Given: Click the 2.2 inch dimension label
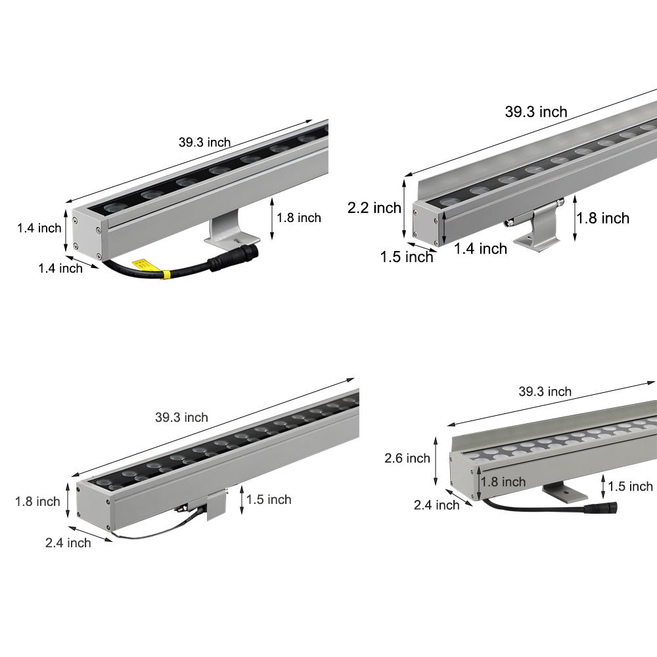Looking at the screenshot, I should coord(374,208).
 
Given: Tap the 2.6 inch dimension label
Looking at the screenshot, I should coord(407,458).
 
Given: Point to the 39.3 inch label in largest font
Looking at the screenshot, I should coord(535,112).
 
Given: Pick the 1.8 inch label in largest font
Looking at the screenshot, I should coord(603,218).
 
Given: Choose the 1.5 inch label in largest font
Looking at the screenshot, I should coord(407,257).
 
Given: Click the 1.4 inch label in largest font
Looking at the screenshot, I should coord(480,248).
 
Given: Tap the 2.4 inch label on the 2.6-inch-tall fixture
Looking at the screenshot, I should coord(436,505).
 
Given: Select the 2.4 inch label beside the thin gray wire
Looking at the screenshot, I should coord(68,542).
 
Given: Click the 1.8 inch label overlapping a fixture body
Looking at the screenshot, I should coord(503,482).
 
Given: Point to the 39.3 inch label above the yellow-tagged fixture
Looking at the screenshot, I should coord(204,143).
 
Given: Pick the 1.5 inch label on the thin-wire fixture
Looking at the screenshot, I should coord(269,499).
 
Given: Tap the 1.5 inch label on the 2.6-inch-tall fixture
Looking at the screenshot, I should coord(630,486).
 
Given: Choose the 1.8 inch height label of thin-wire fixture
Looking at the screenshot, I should coord(37,501).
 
